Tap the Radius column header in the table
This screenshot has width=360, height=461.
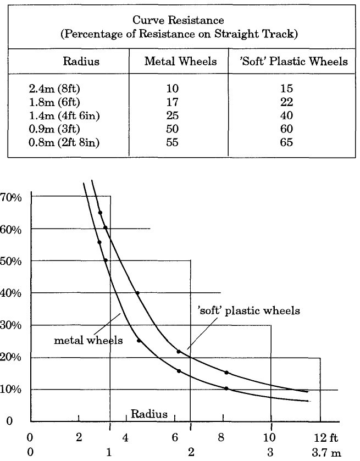click(81, 62)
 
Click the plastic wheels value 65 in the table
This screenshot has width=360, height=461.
click(285, 142)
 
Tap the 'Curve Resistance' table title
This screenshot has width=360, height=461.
click(180, 20)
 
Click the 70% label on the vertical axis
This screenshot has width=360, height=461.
click(11, 197)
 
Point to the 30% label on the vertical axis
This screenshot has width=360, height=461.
click(11, 325)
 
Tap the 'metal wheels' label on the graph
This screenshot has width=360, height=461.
click(88, 341)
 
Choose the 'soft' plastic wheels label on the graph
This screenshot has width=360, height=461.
click(248, 311)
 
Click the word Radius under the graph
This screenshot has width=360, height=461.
click(149, 414)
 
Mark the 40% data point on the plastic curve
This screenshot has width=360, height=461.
click(137, 293)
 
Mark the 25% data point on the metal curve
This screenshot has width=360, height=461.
click(139, 341)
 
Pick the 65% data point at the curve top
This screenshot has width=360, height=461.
click(100, 213)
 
